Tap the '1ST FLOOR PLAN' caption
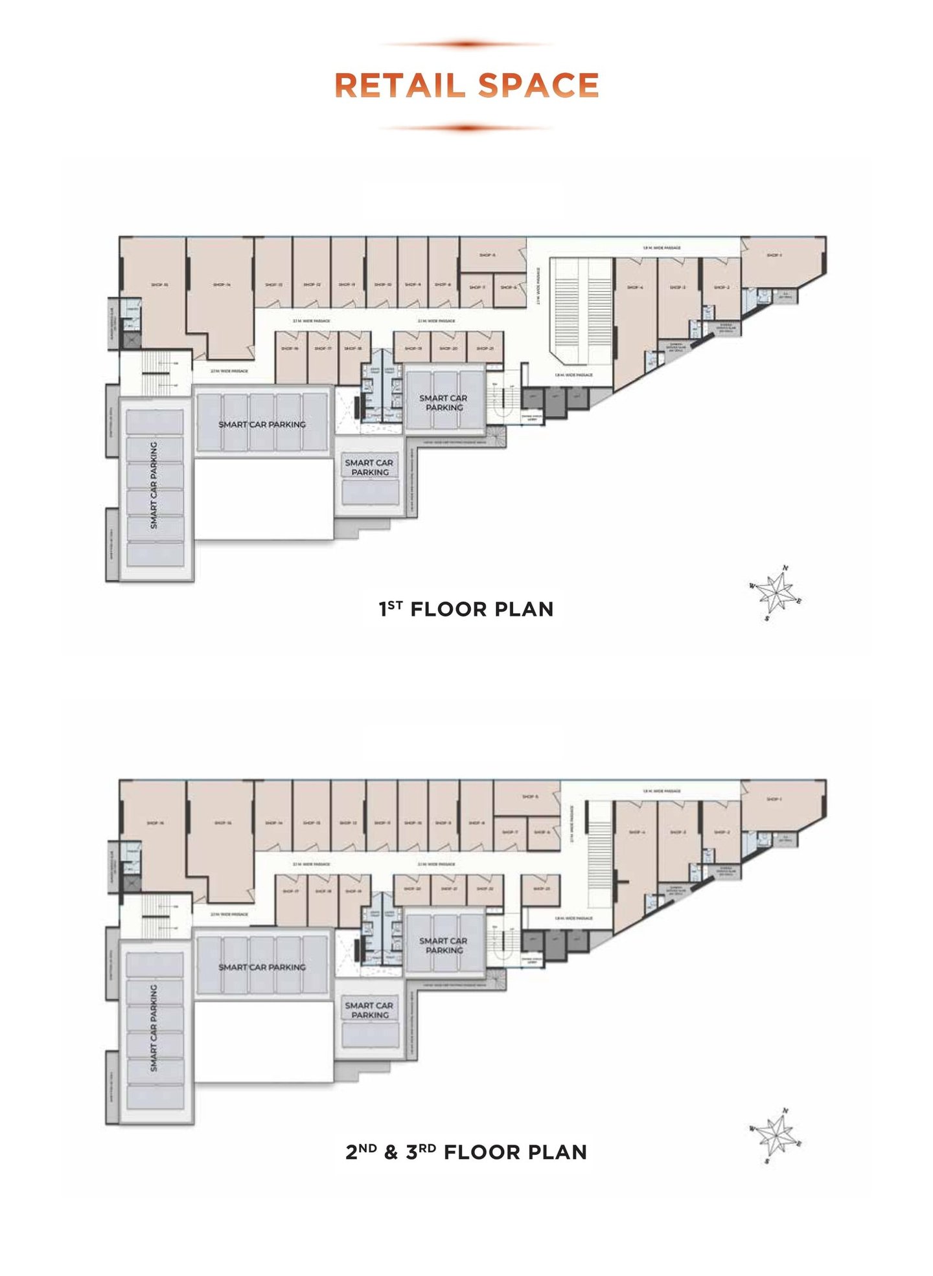coord(466,609)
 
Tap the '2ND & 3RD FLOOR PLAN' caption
coord(466,1152)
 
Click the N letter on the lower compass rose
coord(785,1110)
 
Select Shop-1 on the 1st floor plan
coord(774,255)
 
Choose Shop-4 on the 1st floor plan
coord(635,287)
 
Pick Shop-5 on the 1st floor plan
coord(487,255)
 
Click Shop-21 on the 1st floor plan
coord(485,348)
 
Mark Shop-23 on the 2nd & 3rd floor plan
coord(541,889)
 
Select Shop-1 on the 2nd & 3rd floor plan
coord(774,799)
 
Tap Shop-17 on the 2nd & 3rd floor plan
coord(291,891)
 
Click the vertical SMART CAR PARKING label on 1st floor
coord(154,486)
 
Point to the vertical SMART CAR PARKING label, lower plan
coord(154,1028)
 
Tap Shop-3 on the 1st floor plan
coord(678,287)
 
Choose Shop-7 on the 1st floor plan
coord(476,287)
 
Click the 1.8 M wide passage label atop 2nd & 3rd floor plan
coord(662,791)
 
